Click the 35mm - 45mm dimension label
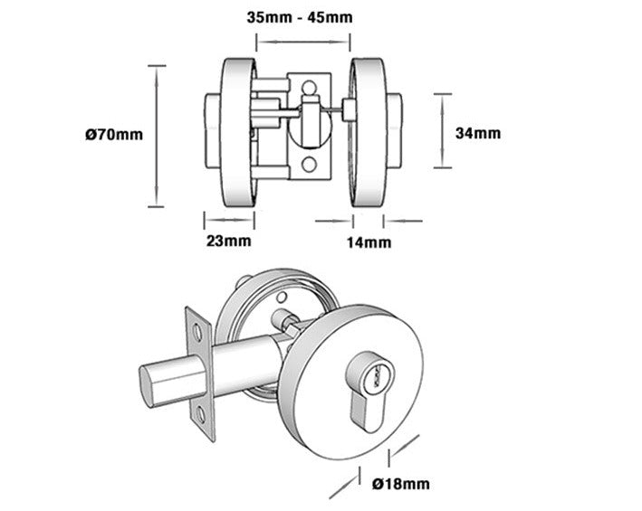pos(300,17)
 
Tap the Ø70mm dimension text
pos(113,135)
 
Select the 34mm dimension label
pos(478,133)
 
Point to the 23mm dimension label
pos(229,241)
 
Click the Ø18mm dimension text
pos(400,485)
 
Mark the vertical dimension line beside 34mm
pos(441,130)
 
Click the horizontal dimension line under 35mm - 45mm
pos(303,40)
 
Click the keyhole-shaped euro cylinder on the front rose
pos(369,386)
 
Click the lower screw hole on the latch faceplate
pos(202,415)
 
